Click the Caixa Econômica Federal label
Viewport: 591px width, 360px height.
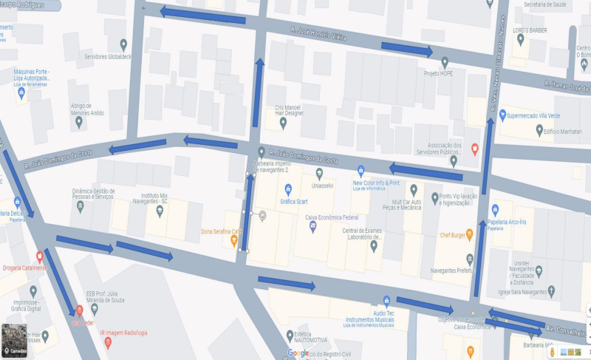coord(332,217)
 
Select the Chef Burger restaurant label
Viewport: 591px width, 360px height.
coord(456,235)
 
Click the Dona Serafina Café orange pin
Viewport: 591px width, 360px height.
coord(233,240)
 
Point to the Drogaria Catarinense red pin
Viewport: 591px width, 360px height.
coord(39,256)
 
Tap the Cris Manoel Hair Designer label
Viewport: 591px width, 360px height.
coord(284,110)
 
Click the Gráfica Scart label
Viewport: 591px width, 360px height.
coord(293,201)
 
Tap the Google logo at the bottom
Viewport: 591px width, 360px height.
coord(298,353)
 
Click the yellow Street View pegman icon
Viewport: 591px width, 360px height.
coord(551,352)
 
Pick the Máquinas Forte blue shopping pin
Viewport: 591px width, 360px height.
coord(21,92)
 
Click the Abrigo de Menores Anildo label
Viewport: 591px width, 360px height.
coord(87,109)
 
